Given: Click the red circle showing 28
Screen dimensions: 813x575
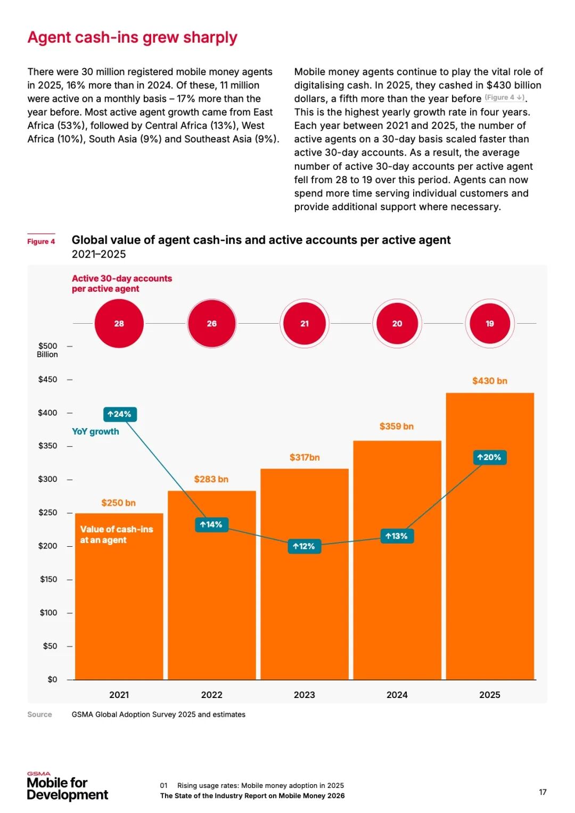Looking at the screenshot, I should pos(119,323).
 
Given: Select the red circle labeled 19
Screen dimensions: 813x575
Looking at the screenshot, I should pos(489,323).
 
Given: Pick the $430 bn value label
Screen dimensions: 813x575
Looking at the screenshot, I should pos(489,381).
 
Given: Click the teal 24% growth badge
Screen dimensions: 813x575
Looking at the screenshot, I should pos(120,414).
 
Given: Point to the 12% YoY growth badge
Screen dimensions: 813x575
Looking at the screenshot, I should pos(304,546).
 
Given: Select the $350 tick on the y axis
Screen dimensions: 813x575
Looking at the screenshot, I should pos(47,446).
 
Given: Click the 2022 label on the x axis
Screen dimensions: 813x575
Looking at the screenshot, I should pos(211,695).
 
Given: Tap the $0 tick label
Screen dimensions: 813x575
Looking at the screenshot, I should pos(52,679).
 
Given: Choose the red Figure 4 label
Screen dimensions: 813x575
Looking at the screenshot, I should pos(41,241).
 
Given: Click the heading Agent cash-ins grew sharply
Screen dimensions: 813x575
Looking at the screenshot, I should pos(132,37).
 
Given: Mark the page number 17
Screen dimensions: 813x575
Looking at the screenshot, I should pos(543,792).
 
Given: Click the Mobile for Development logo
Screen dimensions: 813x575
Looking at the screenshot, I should pos(67,787).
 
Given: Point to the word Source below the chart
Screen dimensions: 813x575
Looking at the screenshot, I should pos(39,715).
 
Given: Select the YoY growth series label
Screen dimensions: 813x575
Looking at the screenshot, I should pos(95,431).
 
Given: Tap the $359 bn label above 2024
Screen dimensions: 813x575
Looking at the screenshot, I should pos(396,426).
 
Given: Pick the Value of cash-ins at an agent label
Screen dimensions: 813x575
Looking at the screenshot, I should pos(116,535).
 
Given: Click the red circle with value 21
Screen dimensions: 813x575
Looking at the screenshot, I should pos(304,323).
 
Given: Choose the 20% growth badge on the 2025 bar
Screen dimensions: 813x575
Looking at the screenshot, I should pos(489,457).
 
